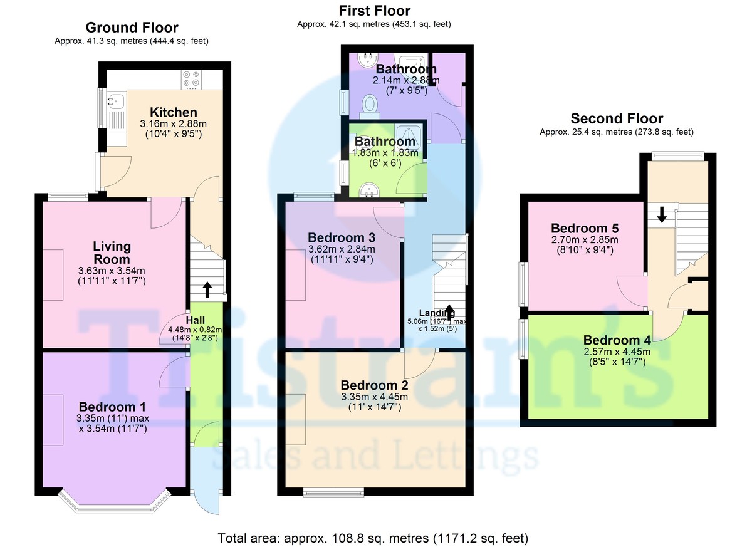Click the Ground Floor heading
tap(132, 28)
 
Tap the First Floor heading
tap(374, 11)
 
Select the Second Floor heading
tap(616, 118)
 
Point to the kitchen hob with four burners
tap(191, 78)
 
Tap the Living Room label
tap(112, 253)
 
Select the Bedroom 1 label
tap(112, 407)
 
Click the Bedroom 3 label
tap(342, 237)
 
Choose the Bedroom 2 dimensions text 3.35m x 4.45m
tap(374, 397)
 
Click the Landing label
tap(437, 313)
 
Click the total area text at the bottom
tap(373, 538)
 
